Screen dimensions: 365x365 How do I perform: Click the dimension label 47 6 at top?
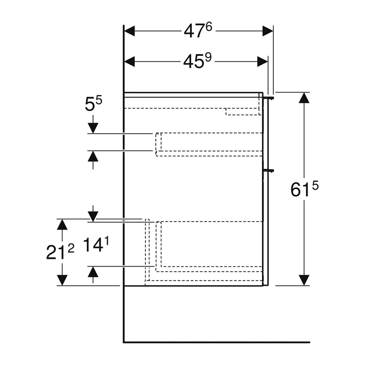point(198,31)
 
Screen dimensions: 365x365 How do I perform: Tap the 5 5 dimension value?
point(93,105)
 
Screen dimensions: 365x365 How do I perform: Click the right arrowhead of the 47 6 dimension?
point(268,31)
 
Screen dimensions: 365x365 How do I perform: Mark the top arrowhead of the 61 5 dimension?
point(304,98)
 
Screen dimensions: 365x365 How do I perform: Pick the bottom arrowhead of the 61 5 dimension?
point(304,280)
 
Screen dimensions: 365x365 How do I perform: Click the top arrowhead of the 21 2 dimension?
point(63,224)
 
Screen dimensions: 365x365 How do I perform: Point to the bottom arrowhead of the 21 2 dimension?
point(63,280)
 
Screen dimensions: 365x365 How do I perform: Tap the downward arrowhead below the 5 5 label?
point(93,128)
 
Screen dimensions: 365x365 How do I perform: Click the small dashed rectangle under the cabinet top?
point(243,112)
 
